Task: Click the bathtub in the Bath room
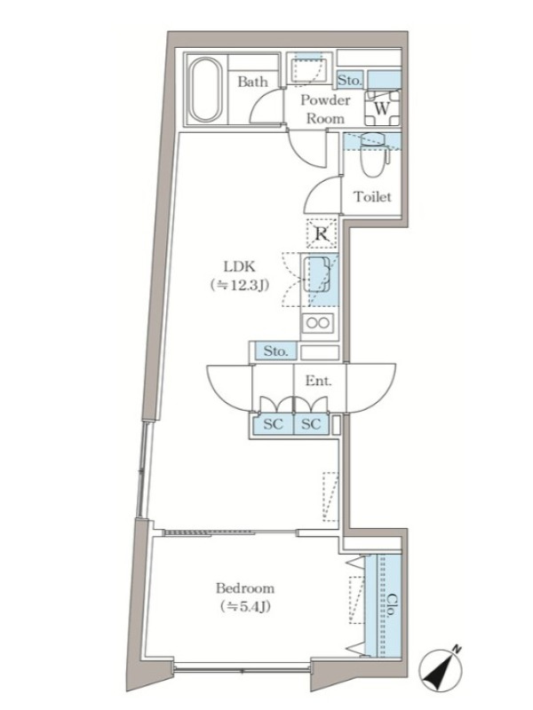[x=204, y=90]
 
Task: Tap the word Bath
[x=252, y=82]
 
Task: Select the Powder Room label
[x=325, y=109]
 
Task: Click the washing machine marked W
[x=383, y=108]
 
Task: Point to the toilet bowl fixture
[x=375, y=154]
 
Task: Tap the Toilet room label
[x=372, y=197]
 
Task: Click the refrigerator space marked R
[x=322, y=233]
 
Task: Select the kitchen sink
[x=319, y=274]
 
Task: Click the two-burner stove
[x=319, y=323]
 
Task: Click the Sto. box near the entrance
[x=275, y=351]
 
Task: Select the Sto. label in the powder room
[x=350, y=81]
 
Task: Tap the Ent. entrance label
[x=318, y=381]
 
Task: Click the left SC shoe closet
[x=274, y=424]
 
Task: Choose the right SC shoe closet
[x=312, y=424]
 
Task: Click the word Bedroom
[x=245, y=588]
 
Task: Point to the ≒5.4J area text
[x=245, y=606]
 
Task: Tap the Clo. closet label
[x=390, y=605]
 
